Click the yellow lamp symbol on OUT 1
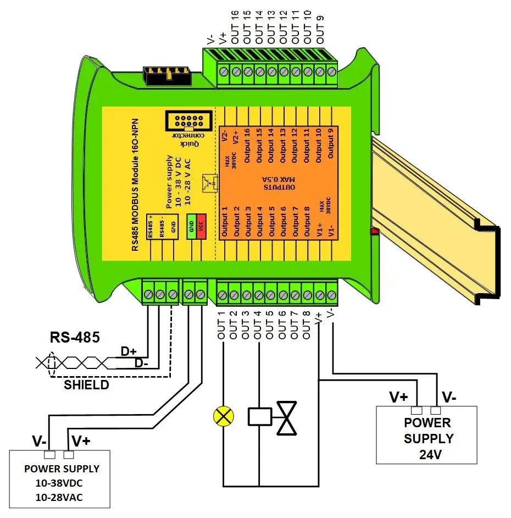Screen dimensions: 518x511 coord(223,416)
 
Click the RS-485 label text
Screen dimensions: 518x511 coord(75,337)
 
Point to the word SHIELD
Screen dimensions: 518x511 coord(86,385)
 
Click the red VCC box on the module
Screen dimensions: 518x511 coord(201,227)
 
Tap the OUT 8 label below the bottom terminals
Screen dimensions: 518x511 coord(306,326)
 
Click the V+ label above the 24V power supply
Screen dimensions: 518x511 coord(399,396)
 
